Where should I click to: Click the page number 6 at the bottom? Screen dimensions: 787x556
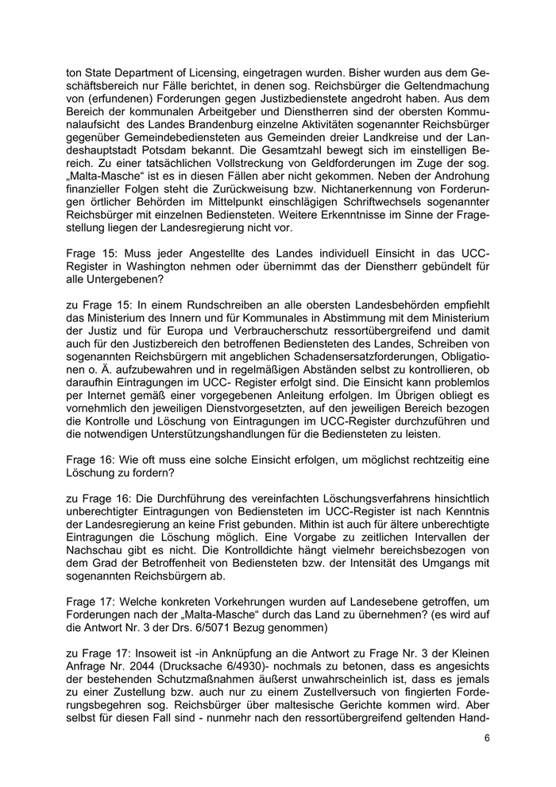click(x=486, y=737)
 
